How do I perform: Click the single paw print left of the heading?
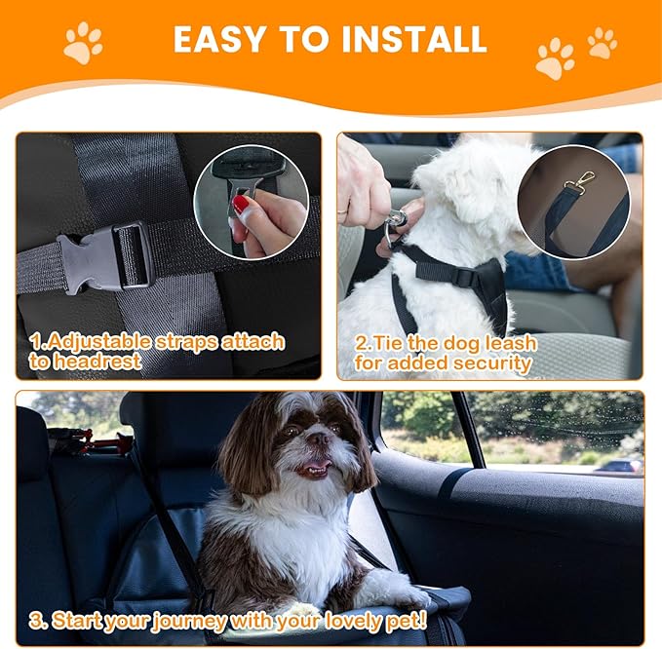[84, 43]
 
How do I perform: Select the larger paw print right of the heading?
[555, 58]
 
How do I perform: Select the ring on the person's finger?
[342, 208]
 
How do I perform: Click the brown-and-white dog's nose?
[316, 440]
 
